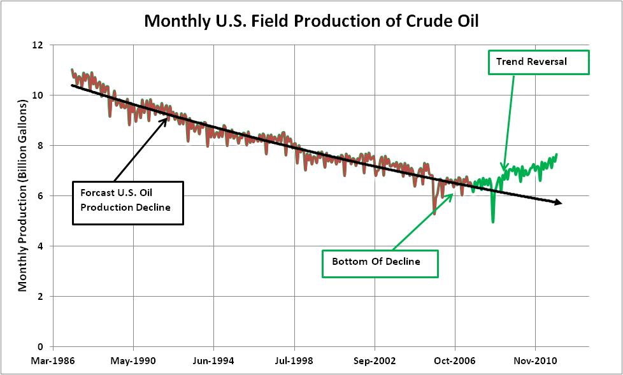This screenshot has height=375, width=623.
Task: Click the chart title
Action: pos(311,21)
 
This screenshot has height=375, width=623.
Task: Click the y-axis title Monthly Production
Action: pos(22,195)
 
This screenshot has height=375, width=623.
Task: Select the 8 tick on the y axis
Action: pos(41,146)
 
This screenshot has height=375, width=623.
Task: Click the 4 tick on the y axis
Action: pos(41,246)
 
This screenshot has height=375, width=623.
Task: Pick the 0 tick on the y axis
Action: pos(41,347)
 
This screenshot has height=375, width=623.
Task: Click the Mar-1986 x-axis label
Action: pos(53,360)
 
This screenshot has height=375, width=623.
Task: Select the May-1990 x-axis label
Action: pos(133,360)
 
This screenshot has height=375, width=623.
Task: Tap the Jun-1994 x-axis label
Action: pos(213,360)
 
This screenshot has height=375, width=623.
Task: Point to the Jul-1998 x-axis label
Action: pos(294,360)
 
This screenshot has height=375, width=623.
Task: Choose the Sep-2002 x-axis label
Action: pos(375,360)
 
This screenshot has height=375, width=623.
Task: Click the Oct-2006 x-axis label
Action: pos(455,360)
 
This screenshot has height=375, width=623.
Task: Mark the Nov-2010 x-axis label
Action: pos(535,360)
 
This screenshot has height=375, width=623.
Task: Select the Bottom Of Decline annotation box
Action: pos(380,262)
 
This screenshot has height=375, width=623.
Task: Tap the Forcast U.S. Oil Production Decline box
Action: pos(128,202)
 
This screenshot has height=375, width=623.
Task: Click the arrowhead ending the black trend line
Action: pos(559,203)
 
